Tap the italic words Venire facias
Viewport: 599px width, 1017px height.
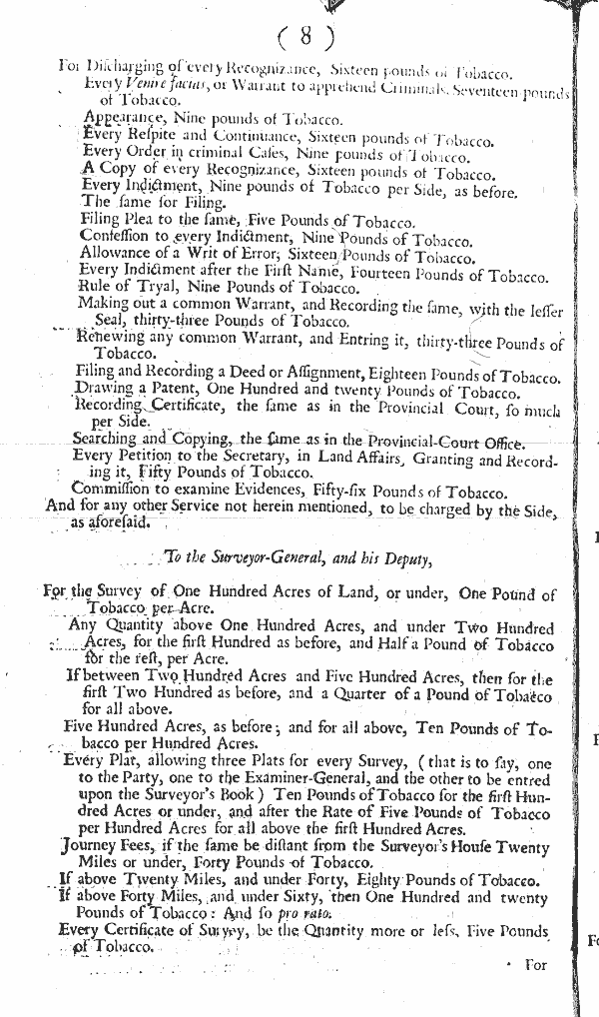coord(152,86)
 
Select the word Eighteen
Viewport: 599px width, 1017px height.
coord(368,371)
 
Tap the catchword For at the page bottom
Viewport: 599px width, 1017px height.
coord(535,967)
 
